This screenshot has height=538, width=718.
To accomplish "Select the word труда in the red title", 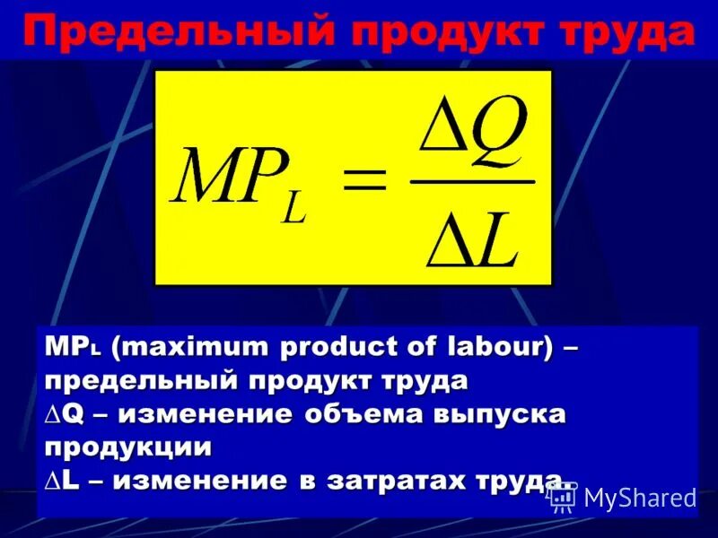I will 626,34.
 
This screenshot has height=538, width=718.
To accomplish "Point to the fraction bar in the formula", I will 472,180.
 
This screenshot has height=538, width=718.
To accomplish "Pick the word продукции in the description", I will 128,446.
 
